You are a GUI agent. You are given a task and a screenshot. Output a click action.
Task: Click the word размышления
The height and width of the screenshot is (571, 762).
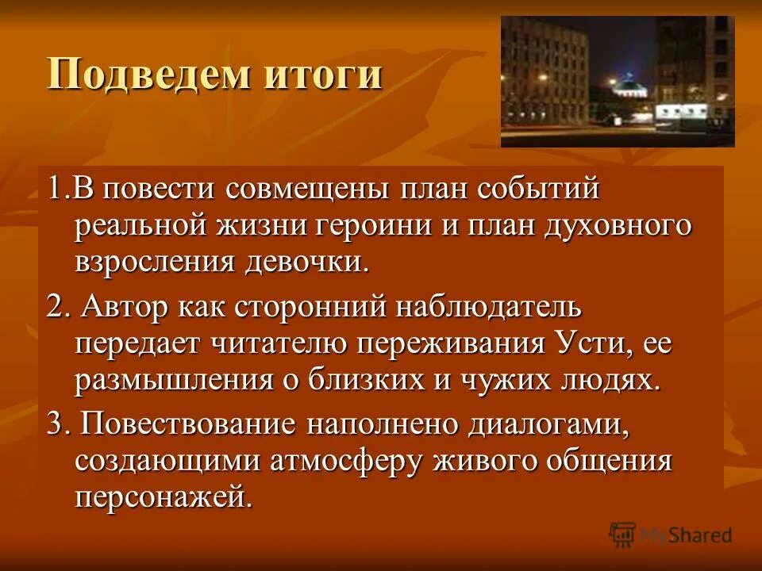click(x=171, y=380)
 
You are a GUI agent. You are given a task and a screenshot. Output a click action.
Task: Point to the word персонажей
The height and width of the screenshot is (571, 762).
click(x=167, y=497)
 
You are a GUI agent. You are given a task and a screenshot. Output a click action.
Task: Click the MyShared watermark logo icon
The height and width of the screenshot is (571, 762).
click(x=623, y=535)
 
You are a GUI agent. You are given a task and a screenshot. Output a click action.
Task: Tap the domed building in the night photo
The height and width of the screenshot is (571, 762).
click(x=631, y=89)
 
